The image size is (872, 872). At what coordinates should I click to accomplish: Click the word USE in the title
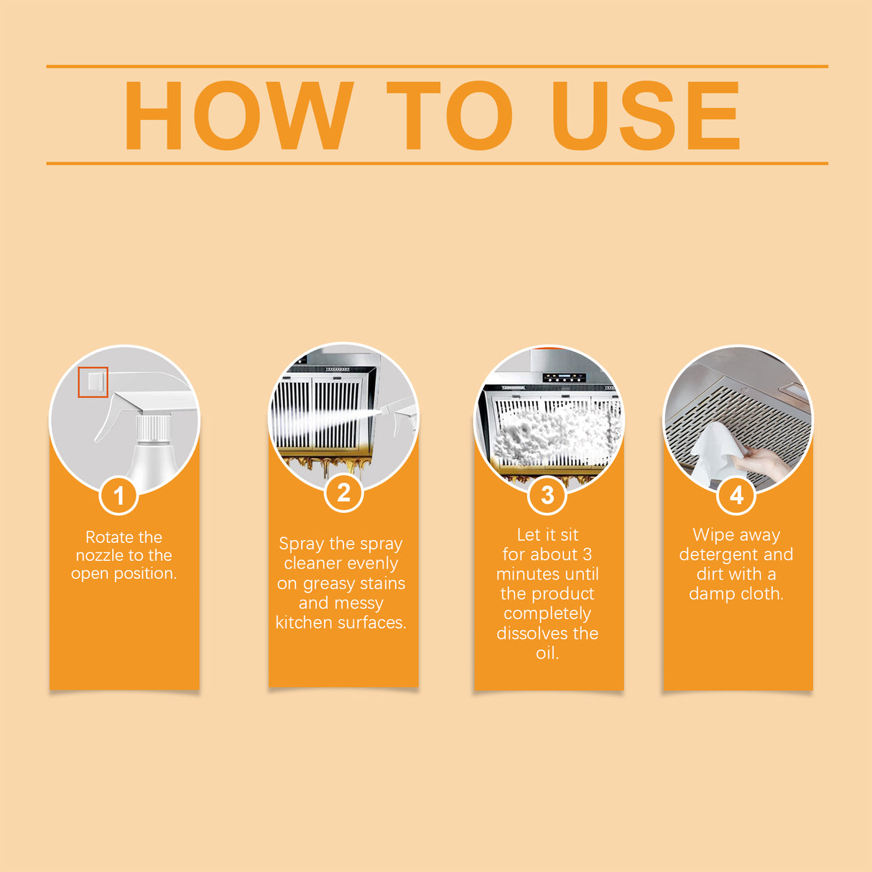[x=644, y=116]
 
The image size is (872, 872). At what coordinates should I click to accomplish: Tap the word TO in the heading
[x=449, y=116]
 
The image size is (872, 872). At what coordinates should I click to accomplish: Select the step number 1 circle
[x=119, y=496]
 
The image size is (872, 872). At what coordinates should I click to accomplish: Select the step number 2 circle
[x=343, y=493]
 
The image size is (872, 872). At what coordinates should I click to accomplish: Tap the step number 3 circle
[x=547, y=495]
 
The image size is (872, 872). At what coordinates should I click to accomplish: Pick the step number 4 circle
[x=736, y=495]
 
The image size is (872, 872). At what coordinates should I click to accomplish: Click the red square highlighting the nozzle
[x=93, y=382]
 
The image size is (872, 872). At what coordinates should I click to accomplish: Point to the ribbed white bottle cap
[x=154, y=428]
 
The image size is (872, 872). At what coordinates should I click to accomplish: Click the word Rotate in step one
[x=108, y=537]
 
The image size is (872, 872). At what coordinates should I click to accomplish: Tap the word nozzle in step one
[x=99, y=555]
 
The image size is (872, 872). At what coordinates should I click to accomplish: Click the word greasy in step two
[x=328, y=584]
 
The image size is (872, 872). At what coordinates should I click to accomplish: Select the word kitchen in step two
[x=301, y=623]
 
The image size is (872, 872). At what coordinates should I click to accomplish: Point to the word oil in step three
[x=547, y=653]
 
